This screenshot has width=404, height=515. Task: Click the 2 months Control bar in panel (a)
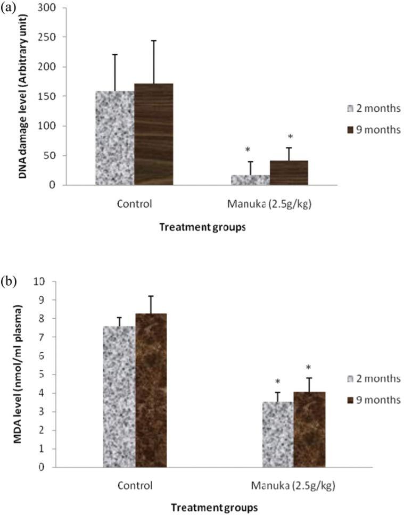114,138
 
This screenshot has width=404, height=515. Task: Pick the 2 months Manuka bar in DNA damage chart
250,180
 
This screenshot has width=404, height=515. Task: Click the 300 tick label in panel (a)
52,9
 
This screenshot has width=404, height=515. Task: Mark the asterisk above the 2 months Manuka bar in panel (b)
278,382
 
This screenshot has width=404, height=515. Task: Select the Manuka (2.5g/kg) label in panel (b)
294,486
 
